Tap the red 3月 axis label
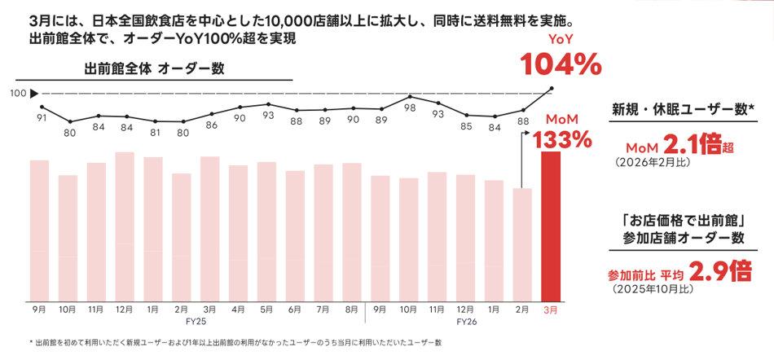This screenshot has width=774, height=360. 551,310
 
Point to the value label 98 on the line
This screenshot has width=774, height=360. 410,108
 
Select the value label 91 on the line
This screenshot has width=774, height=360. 41,118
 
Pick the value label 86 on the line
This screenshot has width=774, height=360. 211,125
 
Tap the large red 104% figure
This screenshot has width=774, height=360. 561,64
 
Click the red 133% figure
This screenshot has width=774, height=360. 562,139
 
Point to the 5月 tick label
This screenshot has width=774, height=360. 267,310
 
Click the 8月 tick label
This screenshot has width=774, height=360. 352,310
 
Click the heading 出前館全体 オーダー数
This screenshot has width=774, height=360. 154,69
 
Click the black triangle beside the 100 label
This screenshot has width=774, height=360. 33,93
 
